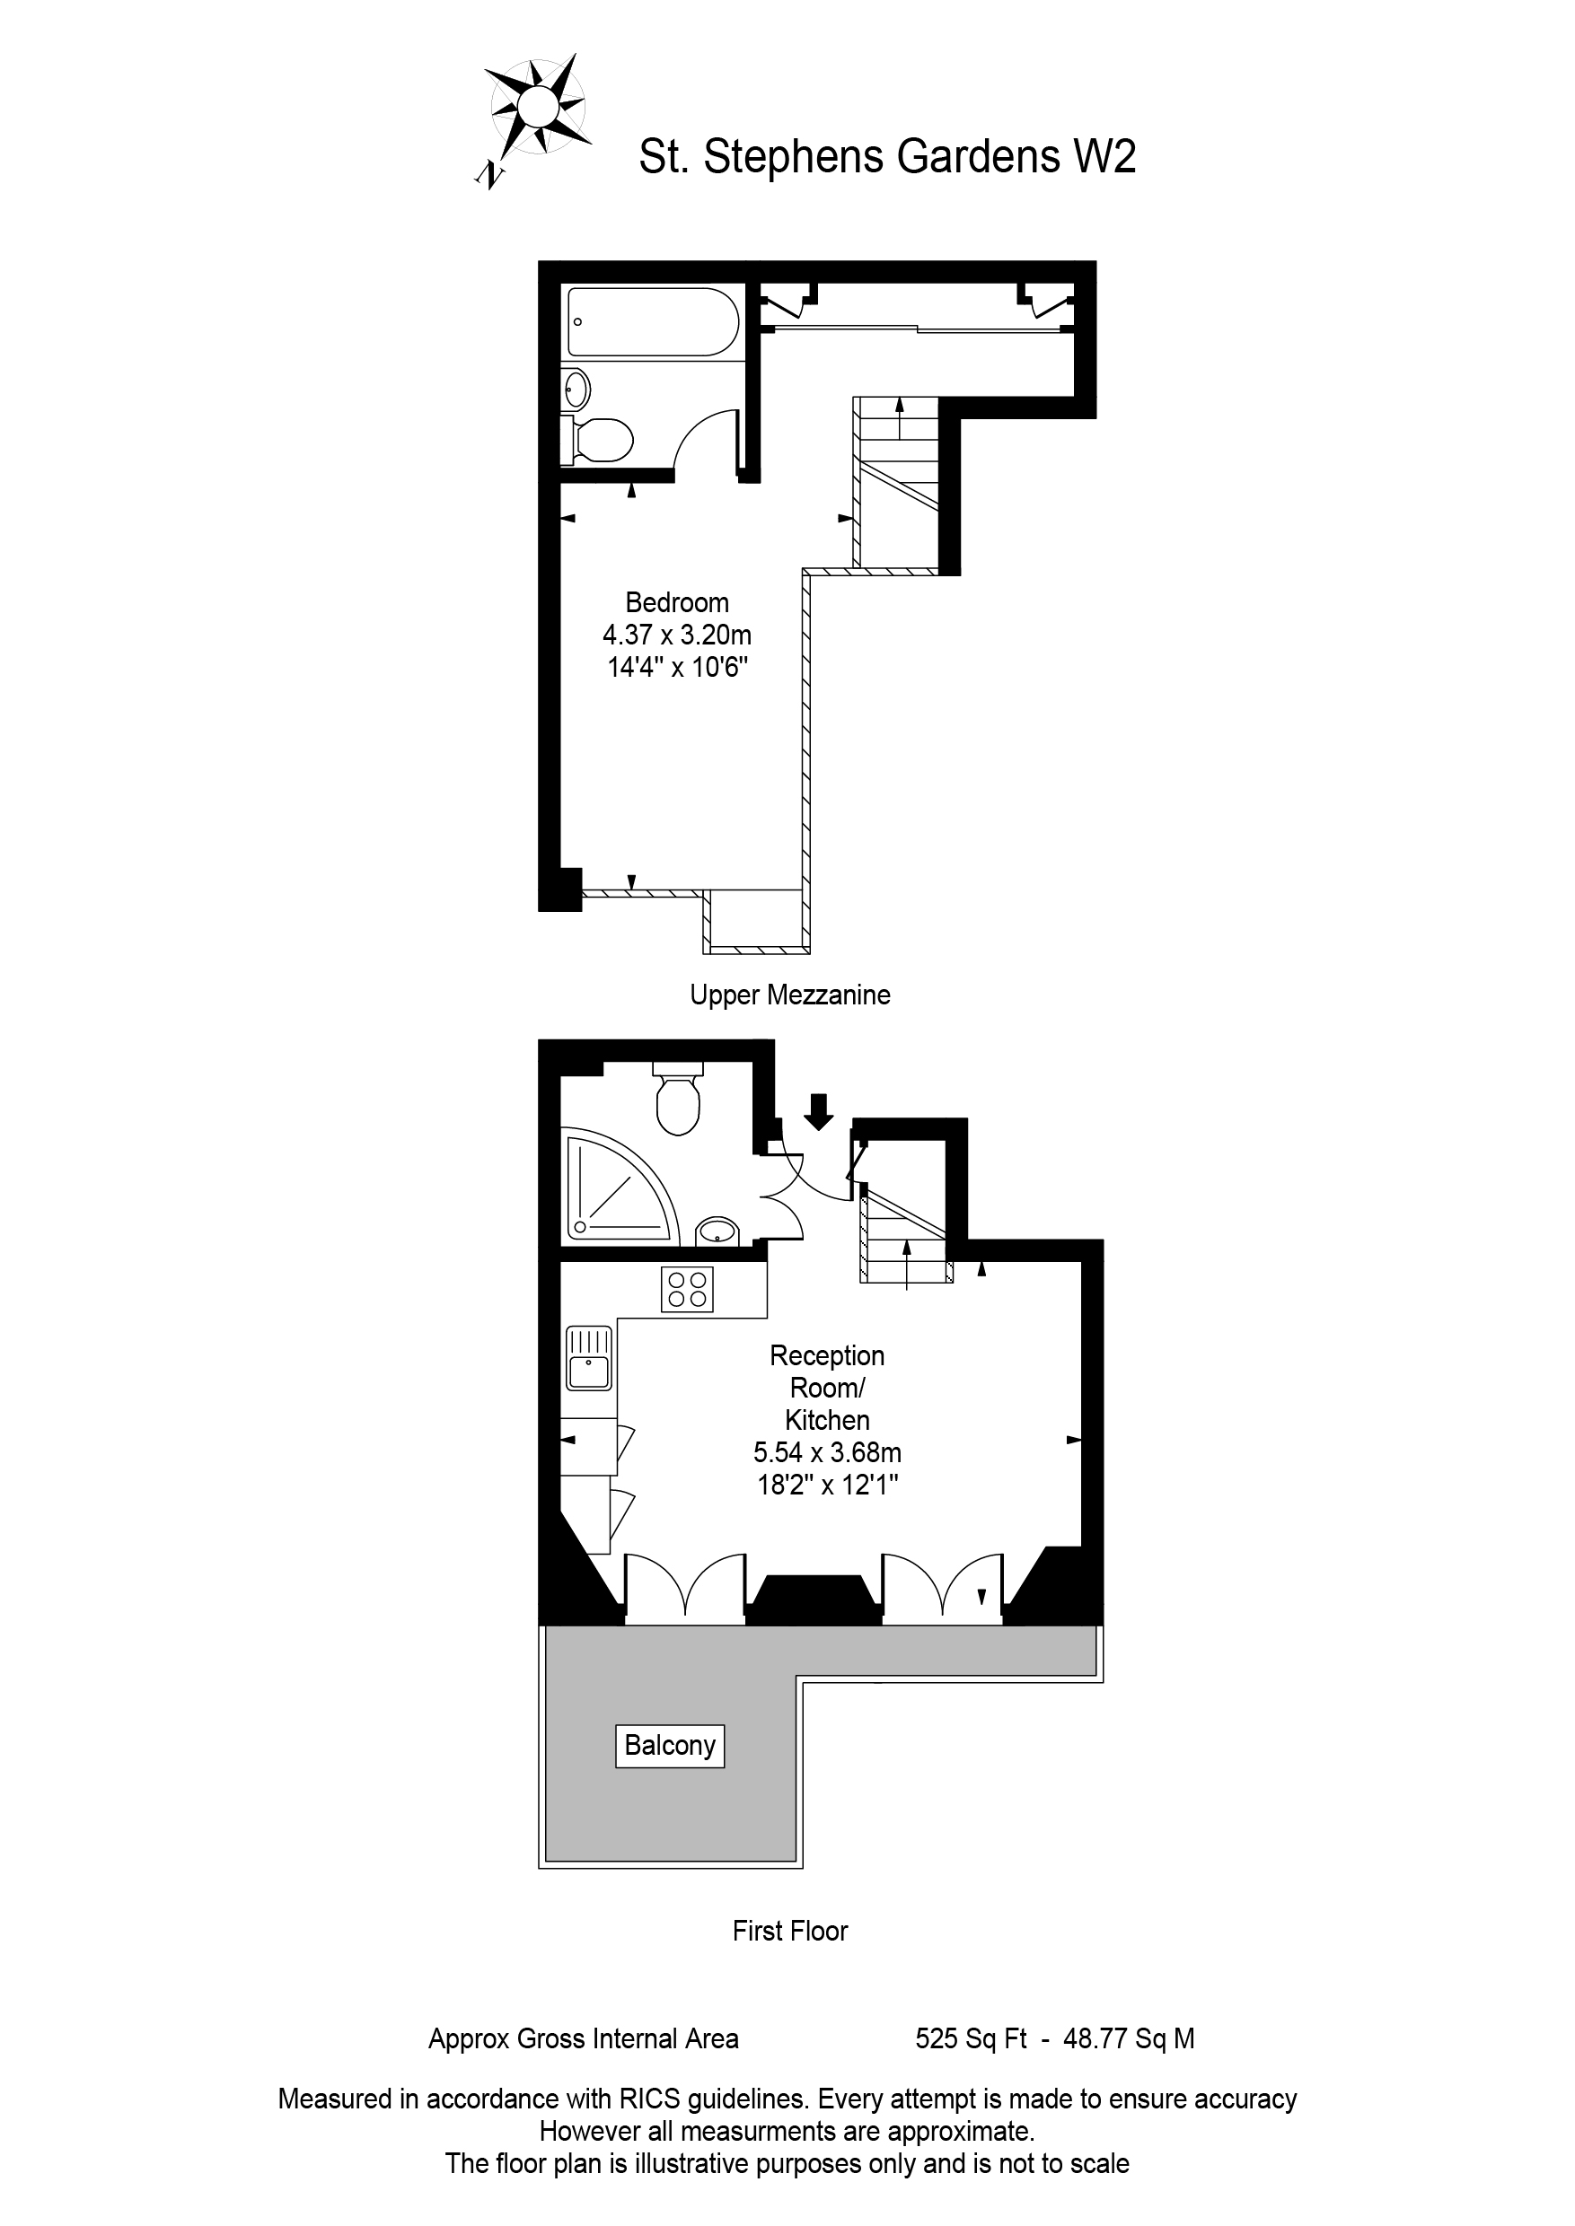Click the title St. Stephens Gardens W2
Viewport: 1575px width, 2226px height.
pyautogui.click(x=886, y=157)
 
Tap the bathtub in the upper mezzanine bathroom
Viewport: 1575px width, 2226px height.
pyautogui.click(x=653, y=322)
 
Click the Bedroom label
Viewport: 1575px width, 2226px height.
pyautogui.click(x=677, y=602)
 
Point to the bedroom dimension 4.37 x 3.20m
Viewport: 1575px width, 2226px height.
pyautogui.click(x=677, y=635)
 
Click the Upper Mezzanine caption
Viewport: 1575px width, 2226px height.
pyautogui.click(x=789, y=995)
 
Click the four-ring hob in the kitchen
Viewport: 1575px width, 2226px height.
pyautogui.click(x=687, y=1290)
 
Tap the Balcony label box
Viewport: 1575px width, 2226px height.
pyautogui.click(x=670, y=1745)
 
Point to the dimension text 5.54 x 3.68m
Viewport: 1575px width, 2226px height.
pyautogui.click(x=827, y=1452)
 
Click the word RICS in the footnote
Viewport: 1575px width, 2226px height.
pyautogui.click(x=650, y=2099)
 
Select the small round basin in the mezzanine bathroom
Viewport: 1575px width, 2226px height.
pyautogui.click(x=577, y=390)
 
